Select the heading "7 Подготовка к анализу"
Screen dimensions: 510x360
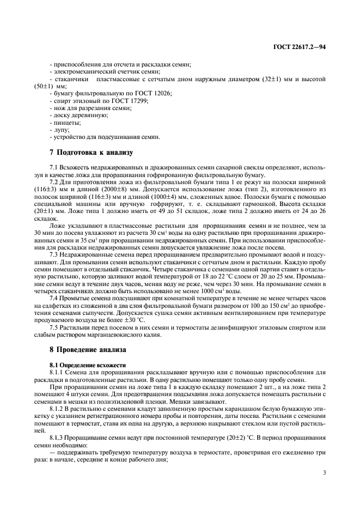pos(88,152)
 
